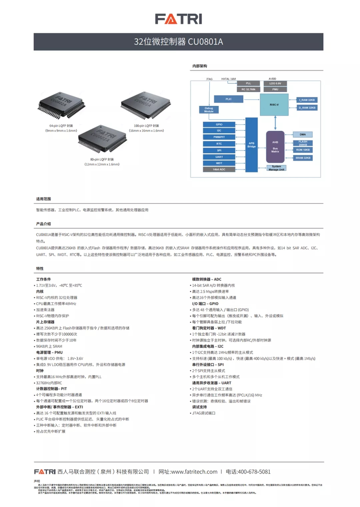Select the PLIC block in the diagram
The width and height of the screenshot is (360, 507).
point(228,98)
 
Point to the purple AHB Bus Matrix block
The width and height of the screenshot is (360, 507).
point(275,146)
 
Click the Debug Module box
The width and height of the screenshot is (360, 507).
point(208,109)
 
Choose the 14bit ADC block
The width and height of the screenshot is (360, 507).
point(219,169)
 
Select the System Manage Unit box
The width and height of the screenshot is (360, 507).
point(276,167)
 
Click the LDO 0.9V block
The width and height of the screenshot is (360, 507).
point(275,83)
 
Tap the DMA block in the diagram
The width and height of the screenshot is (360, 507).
point(302,134)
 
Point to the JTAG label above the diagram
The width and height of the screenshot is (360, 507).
point(209,78)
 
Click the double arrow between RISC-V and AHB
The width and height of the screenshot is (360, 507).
point(275,122)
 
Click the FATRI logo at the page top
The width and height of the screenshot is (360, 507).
point(179,19)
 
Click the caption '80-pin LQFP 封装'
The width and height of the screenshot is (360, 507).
point(101,159)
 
